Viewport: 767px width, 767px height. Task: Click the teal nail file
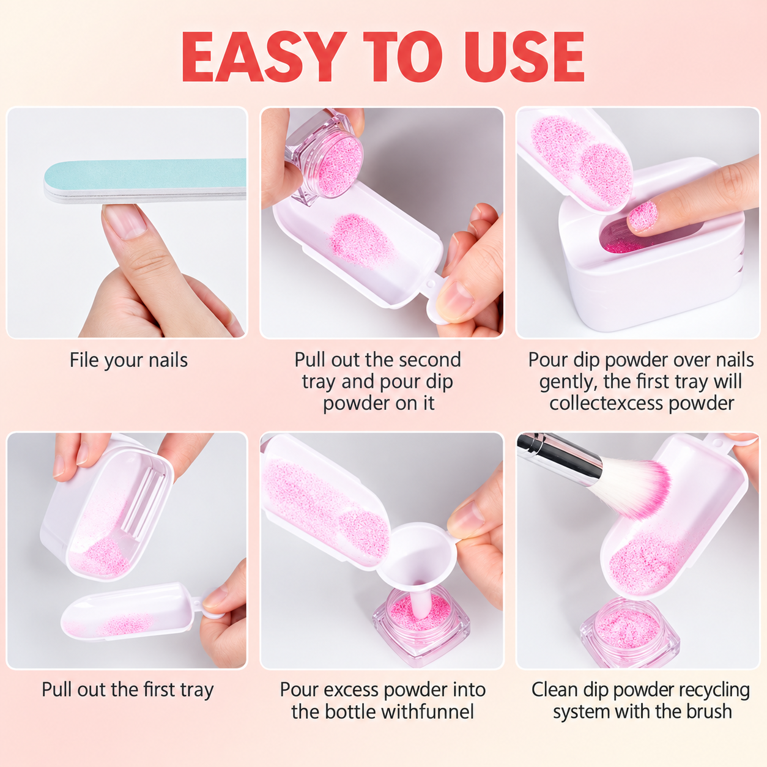[145, 181]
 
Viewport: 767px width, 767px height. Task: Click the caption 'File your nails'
[128, 360]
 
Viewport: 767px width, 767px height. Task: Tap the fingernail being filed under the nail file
[127, 221]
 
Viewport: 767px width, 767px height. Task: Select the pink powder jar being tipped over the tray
[324, 157]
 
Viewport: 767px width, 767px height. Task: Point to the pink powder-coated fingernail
[642, 216]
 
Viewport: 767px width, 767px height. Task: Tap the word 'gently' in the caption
[567, 382]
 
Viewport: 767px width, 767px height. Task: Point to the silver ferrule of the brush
[578, 454]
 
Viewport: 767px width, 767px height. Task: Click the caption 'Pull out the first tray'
[128, 690]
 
